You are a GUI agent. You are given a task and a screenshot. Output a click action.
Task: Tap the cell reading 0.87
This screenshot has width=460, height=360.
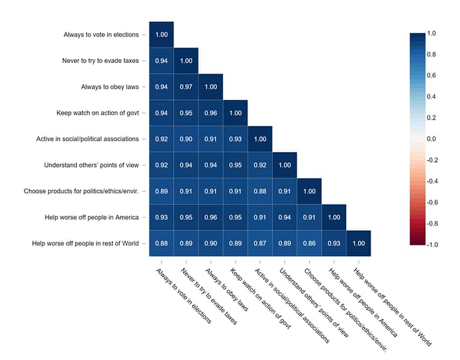(x=260, y=244)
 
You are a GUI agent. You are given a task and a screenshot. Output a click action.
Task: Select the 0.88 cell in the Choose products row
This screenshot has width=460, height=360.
(x=260, y=192)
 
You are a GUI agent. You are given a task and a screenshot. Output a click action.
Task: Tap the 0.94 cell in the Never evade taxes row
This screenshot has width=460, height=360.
(x=161, y=62)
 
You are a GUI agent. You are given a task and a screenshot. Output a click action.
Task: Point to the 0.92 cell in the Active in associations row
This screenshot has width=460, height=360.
(x=161, y=140)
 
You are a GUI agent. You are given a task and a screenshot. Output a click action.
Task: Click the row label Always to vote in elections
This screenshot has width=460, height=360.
(x=101, y=35)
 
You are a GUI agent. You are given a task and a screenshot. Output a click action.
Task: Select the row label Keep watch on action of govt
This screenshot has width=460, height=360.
(x=97, y=113)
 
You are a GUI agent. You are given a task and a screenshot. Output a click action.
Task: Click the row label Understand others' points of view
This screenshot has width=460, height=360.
(x=91, y=165)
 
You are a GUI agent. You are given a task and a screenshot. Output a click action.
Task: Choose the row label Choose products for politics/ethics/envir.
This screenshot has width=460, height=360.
(x=81, y=192)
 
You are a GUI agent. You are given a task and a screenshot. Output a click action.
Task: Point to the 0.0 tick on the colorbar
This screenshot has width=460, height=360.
(x=431, y=139)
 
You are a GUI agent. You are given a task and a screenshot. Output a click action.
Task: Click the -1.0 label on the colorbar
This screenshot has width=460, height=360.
(x=431, y=245)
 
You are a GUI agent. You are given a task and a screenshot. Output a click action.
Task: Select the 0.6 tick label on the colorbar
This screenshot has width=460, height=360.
(x=431, y=75)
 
